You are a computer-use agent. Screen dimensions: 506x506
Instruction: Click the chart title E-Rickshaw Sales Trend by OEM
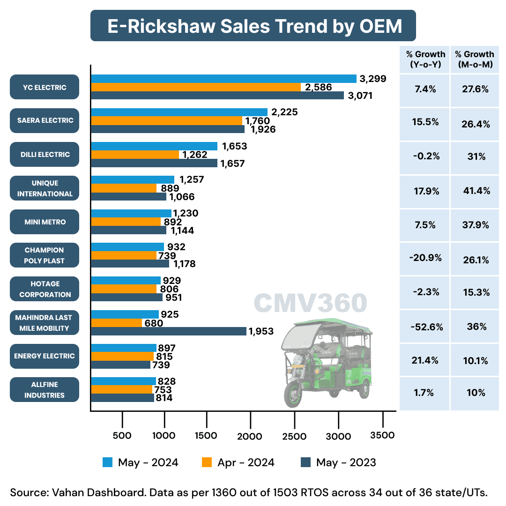tap(253, 26)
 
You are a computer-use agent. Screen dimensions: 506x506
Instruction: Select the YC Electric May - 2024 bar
tap(223, 78)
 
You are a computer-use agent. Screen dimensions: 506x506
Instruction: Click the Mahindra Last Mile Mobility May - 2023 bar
tap(168, 331)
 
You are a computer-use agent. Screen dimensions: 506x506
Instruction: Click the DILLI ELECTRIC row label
tap(45, 155)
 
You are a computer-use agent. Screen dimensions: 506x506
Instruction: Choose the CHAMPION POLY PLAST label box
tap(45, 255)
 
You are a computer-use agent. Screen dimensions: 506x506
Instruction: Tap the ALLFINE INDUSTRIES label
tap(45, 390)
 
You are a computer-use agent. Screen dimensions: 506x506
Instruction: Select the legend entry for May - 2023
tap(338, 463)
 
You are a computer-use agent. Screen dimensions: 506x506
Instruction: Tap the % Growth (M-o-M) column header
tap(475, 60)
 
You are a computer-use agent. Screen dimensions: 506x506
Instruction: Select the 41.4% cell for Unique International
tap(475, 191)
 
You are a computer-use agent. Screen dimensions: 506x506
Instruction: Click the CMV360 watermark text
tap(311, 303)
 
